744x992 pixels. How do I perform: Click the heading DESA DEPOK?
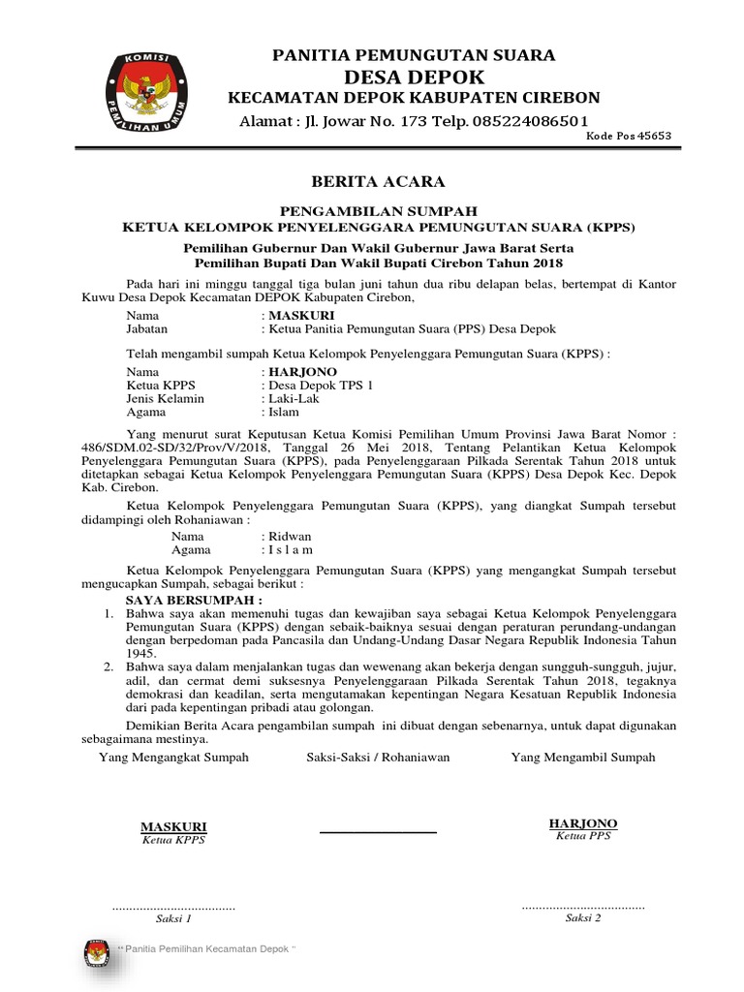click(x=413, y=77)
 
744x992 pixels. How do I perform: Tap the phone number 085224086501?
click(x=529, y=121)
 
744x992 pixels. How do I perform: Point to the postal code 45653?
click(x=653, y=137)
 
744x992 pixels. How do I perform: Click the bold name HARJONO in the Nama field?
click(x=302, y=372)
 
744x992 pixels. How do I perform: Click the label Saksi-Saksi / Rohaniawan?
click(x=378, y=758)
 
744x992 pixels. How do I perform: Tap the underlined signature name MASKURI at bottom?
click(x=173, y=826)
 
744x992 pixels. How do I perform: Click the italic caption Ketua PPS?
click(x=583, y=836)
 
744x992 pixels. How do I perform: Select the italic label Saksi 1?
click(x=173, y=918)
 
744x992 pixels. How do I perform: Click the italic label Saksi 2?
click(x=583, y=918)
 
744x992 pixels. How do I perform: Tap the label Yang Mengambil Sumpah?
click(x=583, y=758)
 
